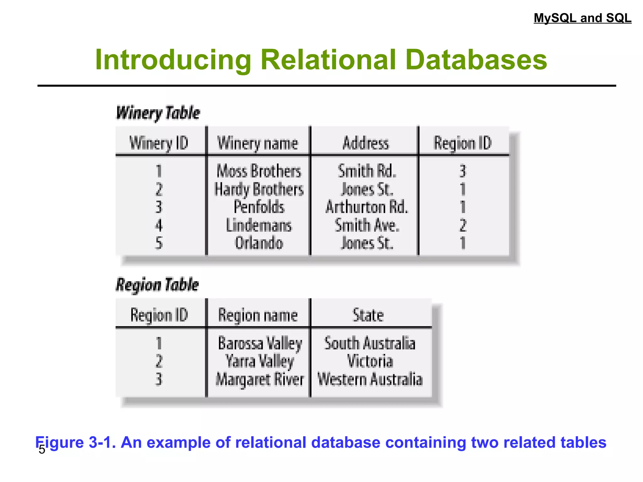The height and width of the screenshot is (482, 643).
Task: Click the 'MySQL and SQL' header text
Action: point(582,18)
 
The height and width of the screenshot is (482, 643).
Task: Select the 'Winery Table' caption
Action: point(158,113)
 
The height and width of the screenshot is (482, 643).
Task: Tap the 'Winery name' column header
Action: point(257,143)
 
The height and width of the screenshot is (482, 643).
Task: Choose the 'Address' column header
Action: point(366,143)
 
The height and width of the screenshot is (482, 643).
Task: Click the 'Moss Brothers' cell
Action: point(259,171)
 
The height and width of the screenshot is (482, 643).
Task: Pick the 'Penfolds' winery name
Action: point(259,207)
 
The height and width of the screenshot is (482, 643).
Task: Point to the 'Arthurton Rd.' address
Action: point(367,207)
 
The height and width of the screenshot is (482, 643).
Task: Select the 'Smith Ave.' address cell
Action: point(367,225)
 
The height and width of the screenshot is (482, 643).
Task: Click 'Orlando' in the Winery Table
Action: point(259,243)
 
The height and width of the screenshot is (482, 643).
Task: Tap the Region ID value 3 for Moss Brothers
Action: point(462,171)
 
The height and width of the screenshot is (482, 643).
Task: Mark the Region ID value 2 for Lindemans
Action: point(463,225)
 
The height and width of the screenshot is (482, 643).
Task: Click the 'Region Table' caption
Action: point(157,285)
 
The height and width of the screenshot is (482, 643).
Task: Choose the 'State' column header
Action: point(368,315)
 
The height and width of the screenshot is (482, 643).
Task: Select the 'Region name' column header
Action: point(258,315)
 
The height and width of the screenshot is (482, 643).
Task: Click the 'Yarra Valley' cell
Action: point(260,361)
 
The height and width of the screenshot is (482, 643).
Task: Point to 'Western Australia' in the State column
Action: point(370,379)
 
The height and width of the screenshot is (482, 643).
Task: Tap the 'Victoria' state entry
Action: point(370,361)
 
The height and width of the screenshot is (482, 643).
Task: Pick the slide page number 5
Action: point(42,450)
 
